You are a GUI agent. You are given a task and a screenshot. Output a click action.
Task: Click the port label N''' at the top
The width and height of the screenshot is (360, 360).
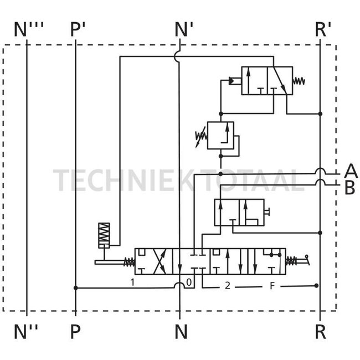click(29, 29)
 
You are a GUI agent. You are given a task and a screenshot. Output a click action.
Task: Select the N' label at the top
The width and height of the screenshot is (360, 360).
click(183, 29)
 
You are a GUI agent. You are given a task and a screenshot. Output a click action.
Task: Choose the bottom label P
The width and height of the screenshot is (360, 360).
click(75, 332)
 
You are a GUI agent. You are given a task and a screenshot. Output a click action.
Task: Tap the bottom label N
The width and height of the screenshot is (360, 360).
click(181, 332)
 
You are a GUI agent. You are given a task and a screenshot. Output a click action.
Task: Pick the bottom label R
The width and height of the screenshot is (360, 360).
click(320, 332)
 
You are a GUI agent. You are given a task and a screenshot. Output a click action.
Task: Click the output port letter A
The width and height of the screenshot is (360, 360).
click(350, 171)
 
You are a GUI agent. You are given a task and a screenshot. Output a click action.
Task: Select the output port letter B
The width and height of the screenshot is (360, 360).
click(349, 188)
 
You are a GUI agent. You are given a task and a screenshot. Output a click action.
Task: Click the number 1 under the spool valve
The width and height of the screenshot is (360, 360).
click(133, 282)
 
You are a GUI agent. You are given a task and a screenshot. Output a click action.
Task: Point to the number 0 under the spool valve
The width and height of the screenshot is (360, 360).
click(189, 282)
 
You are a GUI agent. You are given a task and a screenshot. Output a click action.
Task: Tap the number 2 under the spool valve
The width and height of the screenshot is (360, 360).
click(227, 286)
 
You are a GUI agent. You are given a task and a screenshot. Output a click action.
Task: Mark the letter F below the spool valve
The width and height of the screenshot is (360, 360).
click(272, 286)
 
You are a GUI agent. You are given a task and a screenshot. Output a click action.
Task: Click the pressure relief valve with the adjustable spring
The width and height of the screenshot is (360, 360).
click(220, 135)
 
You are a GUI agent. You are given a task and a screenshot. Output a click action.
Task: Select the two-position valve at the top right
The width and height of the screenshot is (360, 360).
click(266, 80)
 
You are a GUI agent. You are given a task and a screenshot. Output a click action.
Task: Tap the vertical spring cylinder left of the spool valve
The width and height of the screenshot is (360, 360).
click(104, 235)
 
